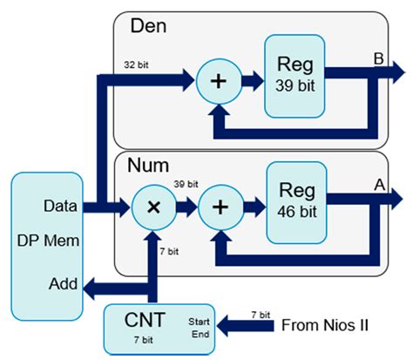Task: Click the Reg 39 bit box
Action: coord(295,77)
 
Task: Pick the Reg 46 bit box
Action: coord(296,200)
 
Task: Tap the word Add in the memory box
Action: coord(61,284)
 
